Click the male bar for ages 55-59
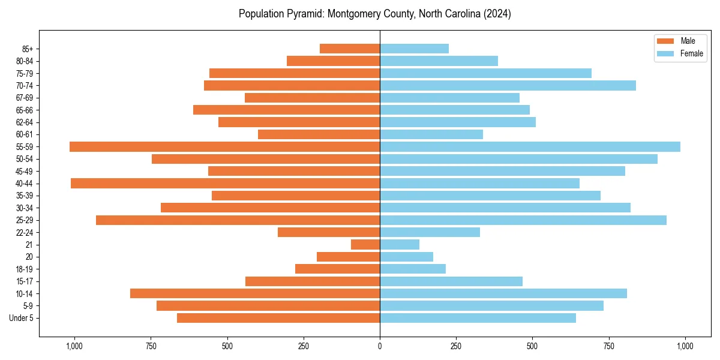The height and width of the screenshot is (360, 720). click(224, 146)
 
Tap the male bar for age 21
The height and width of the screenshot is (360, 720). click(365, 244)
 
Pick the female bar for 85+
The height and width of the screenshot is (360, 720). click(414, 49)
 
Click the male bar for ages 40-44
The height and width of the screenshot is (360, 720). click(225, 183)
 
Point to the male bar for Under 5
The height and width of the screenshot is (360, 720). click(278, 318)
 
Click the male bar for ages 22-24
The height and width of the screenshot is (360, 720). click(329, 232)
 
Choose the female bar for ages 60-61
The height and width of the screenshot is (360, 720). click(431, 134)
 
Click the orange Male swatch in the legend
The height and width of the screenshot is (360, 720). click(665, 41)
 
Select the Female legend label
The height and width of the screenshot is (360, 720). click(692, 53)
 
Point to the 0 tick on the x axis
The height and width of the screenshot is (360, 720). click(380, 346)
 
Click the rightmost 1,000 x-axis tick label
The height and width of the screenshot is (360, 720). click(685, 346)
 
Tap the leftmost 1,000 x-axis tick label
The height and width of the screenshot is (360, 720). click(74, 346)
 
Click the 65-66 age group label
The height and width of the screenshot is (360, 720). click(25, 110)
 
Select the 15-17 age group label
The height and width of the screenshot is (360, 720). click(25, 281)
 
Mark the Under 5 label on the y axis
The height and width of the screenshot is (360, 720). click(22, 318)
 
